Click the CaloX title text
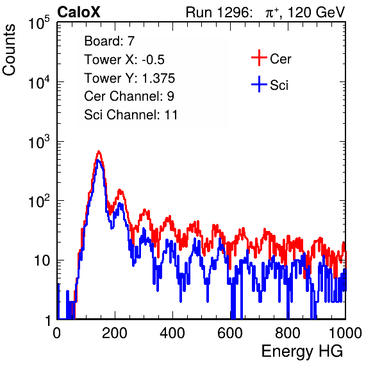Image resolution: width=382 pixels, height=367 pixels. point(79,12)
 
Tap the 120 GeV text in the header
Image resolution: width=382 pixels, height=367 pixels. point(316,12)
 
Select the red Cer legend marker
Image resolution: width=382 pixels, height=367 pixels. point(259,58)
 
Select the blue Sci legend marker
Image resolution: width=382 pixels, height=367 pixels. point(259,84)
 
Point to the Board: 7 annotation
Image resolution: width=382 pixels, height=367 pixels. point(110,41)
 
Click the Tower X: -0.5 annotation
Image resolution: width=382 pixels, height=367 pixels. point(124,60)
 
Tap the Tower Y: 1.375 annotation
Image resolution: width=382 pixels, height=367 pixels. point(129,78)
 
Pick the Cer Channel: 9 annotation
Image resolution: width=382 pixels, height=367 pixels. point(129,96)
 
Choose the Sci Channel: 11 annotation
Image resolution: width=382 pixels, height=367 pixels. point(131,115)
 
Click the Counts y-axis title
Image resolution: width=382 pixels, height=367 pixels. point(9,50)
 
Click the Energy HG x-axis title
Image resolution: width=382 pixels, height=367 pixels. point(302,352)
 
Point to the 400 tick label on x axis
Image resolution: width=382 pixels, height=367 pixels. point(172,333)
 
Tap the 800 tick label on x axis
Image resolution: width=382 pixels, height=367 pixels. point(288,333)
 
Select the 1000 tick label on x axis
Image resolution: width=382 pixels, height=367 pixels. point(345,333)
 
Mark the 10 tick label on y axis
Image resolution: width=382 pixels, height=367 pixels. point(42,260)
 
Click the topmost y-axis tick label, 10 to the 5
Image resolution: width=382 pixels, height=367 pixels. point(39,23)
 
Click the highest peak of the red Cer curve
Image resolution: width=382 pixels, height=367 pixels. point(99,151)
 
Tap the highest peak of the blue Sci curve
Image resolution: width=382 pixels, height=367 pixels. point(98,160)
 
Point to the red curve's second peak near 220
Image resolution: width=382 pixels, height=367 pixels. point(120,190)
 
